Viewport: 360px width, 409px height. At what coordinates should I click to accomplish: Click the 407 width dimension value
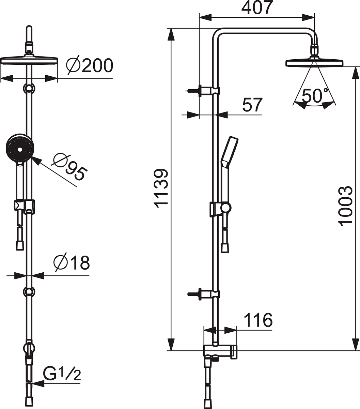[257, 8]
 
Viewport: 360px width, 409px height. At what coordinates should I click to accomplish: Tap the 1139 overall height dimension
[161, 188]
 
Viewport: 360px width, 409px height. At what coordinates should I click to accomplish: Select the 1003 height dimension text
[346, 207]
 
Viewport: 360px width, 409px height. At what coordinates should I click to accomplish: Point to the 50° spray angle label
[315, 96]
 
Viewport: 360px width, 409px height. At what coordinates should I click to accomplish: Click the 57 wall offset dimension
[252, 105]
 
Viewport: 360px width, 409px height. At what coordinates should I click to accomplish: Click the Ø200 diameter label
[90, 65]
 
